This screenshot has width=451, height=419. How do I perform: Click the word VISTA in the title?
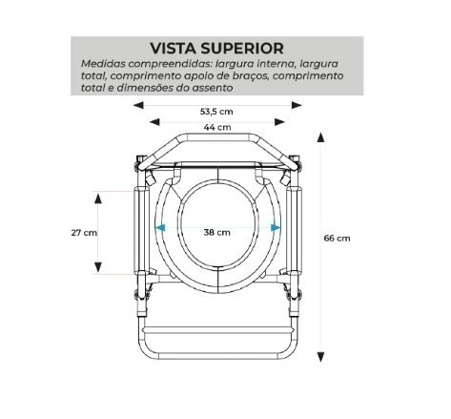point(174,49)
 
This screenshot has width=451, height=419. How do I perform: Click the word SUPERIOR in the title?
point(242,49)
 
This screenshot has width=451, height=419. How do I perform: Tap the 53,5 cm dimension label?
point(216,112)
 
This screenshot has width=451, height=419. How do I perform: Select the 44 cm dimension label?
point(217,127)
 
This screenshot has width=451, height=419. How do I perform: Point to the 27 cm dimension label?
point(84,233)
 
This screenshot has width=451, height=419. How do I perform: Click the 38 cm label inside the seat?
point(217,232)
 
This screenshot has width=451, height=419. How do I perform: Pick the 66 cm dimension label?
point(337,238)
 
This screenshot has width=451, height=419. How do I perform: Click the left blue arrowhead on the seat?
point(160,227)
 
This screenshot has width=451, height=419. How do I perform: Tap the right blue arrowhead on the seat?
point(276,227)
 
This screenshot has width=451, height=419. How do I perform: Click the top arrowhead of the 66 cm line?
point(320,137)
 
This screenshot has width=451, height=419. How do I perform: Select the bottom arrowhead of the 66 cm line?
point(320,357)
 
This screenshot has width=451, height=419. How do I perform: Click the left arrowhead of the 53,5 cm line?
point(138,105)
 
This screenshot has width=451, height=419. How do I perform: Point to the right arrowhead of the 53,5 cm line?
point(297,105)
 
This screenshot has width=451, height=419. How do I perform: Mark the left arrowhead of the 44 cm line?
point(154,121)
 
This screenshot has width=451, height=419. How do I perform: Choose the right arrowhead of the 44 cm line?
point(279,121)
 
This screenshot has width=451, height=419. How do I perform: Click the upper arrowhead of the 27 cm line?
point(98,199)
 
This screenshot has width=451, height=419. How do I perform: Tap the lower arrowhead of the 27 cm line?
point(98,267)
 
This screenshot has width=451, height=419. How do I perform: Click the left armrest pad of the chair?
point(141,231)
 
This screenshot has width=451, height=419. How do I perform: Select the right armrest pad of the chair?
point(294,231)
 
